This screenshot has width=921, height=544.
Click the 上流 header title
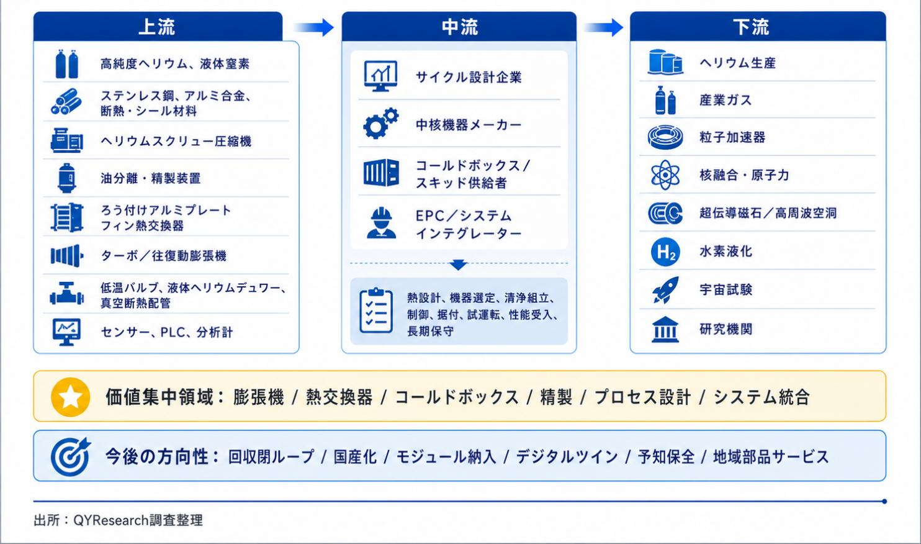point(156,27)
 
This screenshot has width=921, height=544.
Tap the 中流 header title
point(460,27)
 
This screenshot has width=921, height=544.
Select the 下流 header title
point(751,27)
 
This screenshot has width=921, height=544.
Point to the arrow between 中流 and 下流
point(604,27)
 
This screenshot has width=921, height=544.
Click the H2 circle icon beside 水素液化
point(665,252)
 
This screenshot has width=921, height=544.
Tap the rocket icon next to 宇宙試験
point(665,290)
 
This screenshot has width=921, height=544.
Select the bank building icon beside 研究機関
point(665,329)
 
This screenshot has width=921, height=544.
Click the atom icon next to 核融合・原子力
point(665,175)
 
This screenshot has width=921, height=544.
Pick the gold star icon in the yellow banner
point(70,397)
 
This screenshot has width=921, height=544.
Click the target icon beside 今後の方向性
point(70,456)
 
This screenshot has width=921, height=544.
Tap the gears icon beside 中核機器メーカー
point(380,124)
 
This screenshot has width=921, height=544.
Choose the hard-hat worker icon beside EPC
point(381,223)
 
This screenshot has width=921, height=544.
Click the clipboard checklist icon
point(376,311)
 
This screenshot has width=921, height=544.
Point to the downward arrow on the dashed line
point(458,265)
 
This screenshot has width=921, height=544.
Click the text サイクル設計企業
point(469,77)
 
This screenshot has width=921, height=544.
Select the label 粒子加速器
point(732,137)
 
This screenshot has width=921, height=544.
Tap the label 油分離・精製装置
point(150,178)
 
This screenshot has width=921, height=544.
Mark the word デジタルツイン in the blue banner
point(567,457)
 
